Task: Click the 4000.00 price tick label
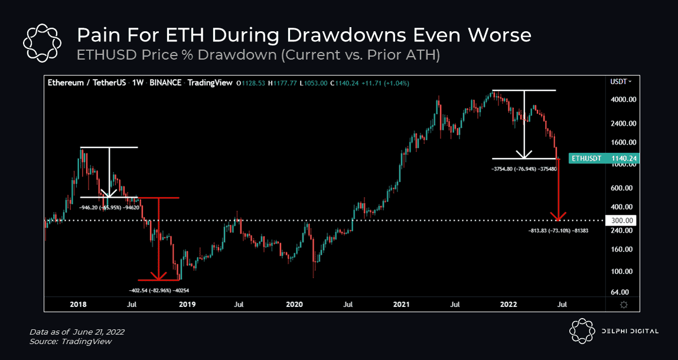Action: point(623,100)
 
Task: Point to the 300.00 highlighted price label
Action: point(622,220)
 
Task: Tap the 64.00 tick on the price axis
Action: point(620,292)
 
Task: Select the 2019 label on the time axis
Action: point(187,305)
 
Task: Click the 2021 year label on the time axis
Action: point(402,305)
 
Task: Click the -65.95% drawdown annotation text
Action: point(107,208)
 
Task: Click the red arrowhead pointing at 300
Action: point(558,216)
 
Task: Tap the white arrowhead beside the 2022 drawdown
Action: point(523,155)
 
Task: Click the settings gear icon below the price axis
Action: point(624,305)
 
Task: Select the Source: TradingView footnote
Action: point(70,341)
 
